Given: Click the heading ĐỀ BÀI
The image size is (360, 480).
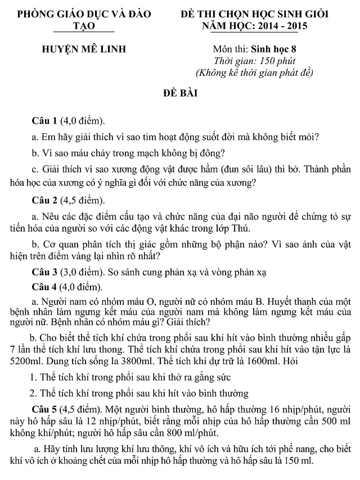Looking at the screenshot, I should [180, 92].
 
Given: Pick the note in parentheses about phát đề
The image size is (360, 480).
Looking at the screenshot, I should [254, 73].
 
